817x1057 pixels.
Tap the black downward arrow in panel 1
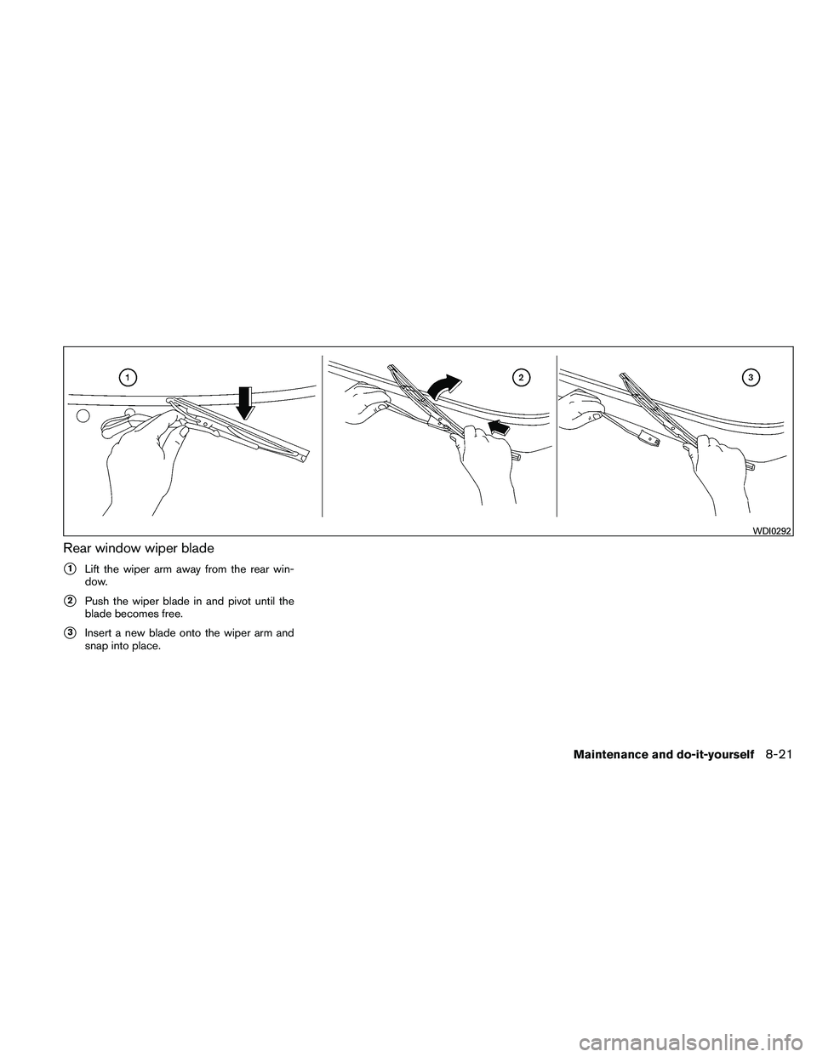coord(245,403)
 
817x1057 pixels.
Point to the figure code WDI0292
coord(772,531)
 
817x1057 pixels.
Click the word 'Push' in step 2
coord(95,603)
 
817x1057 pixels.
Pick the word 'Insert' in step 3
coord(98,632)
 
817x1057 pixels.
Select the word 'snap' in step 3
coord(96,645)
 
